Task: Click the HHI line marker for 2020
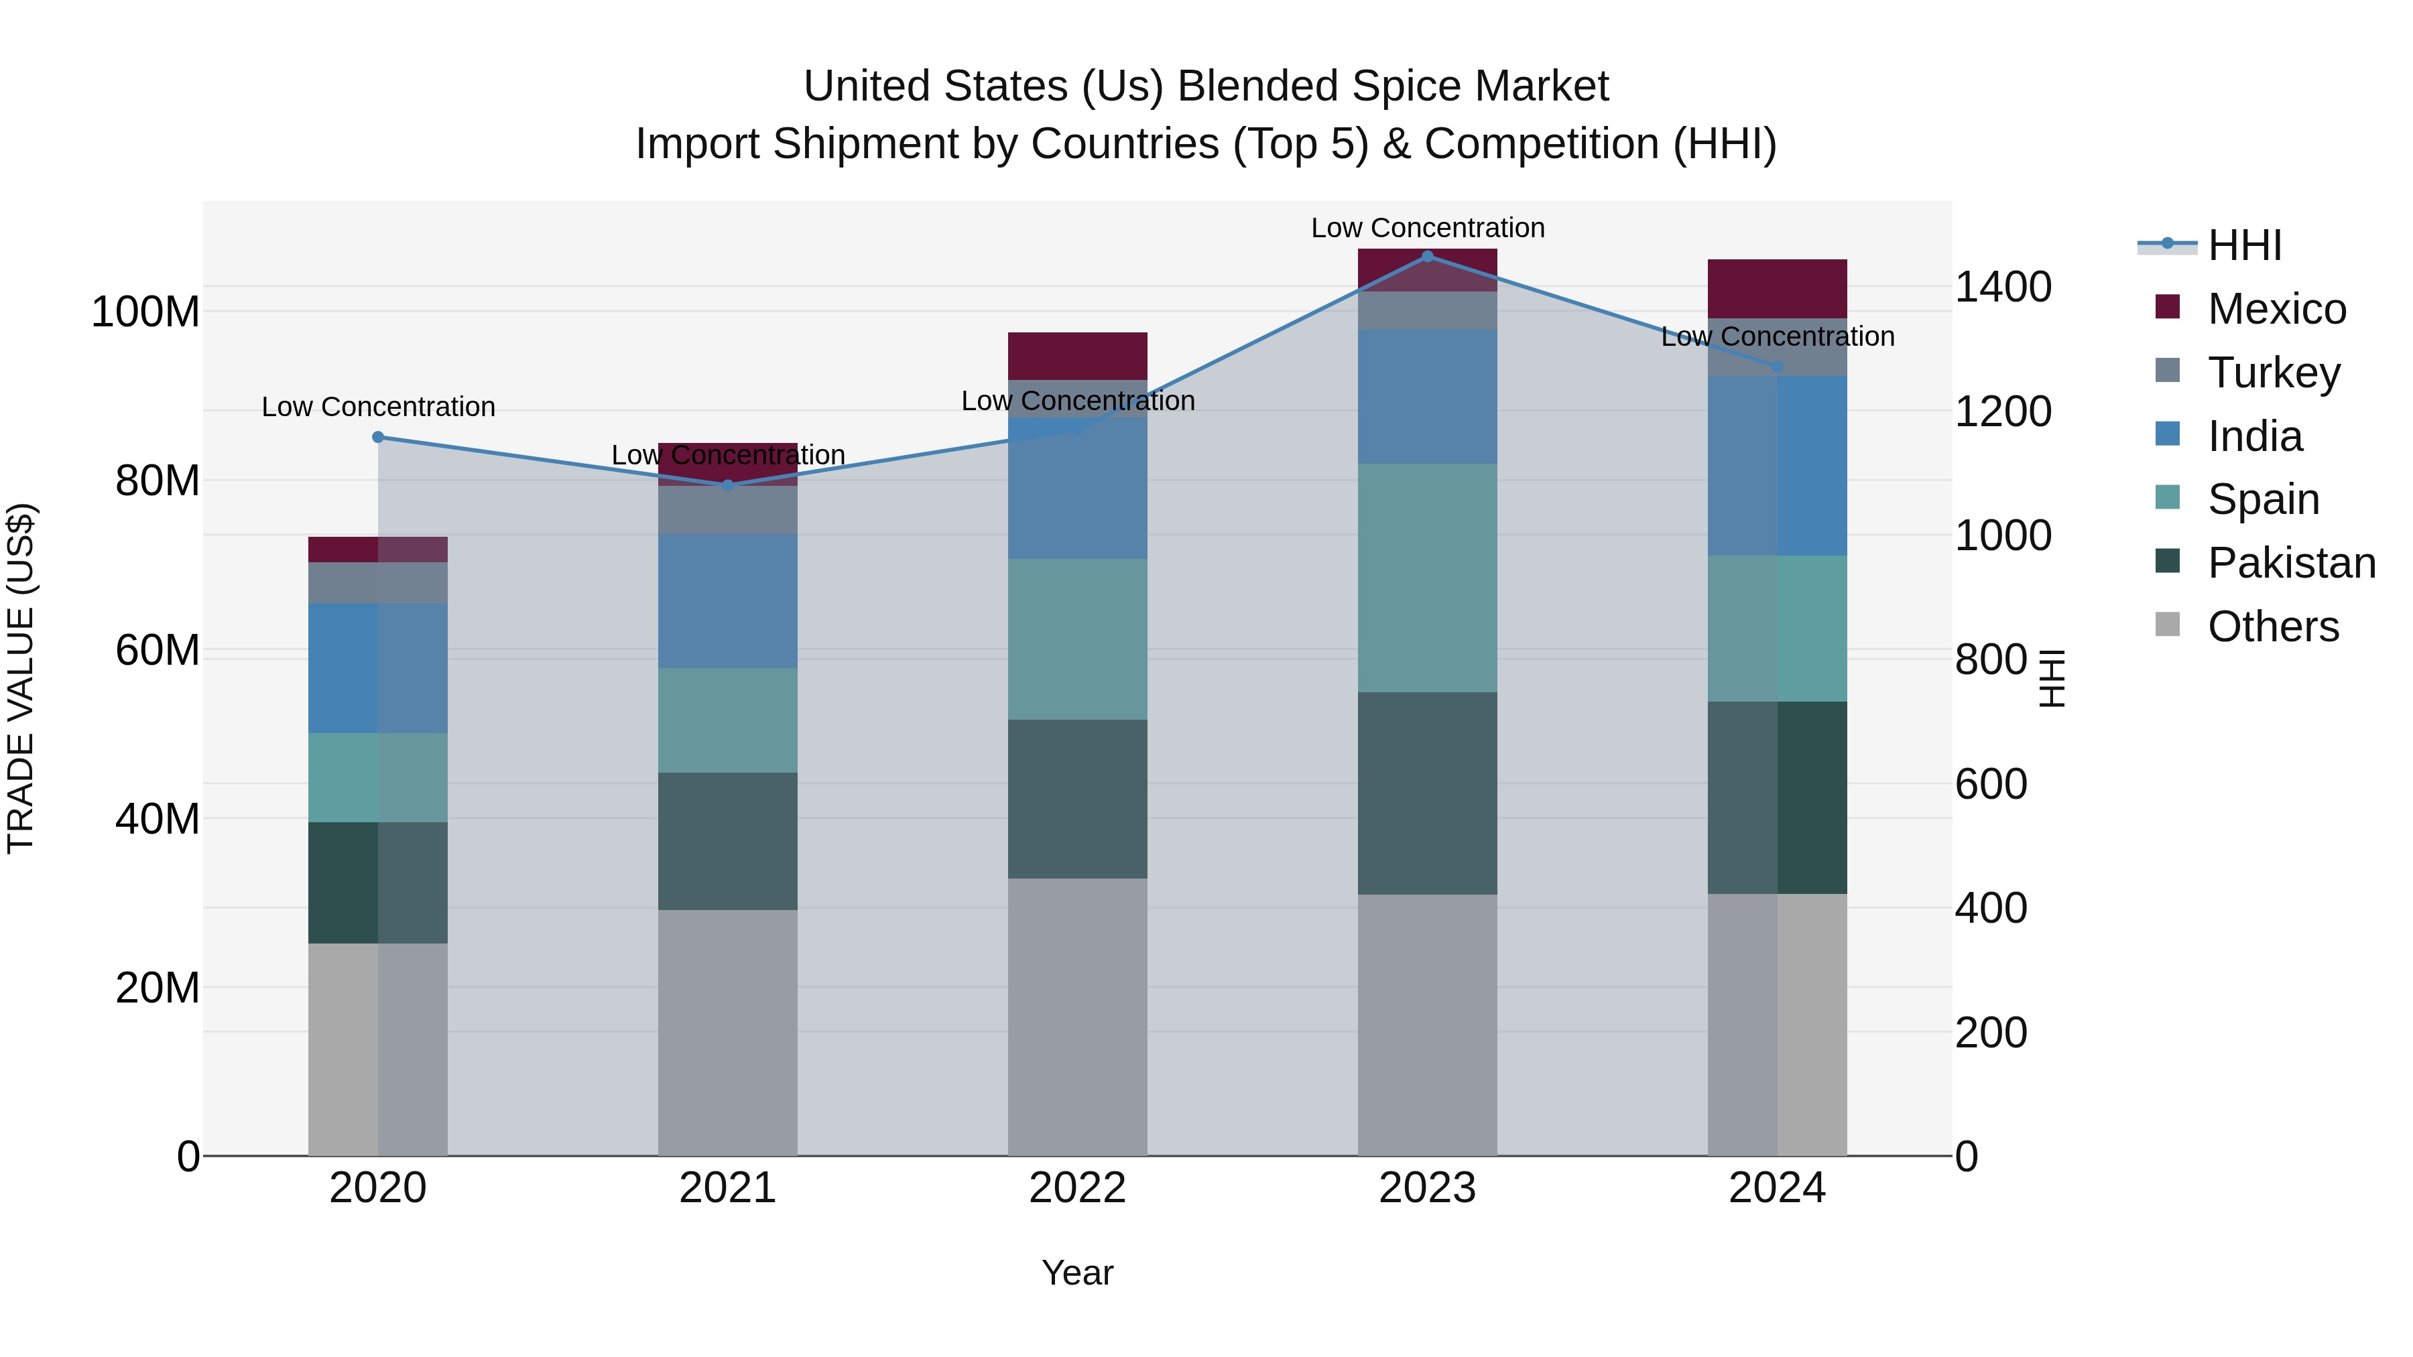point(379,438)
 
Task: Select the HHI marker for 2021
point(728,485)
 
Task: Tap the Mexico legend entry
point(2276,309)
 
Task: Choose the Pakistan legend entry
point(2290,563)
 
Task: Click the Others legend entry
point(2272,627)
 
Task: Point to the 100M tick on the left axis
point(145,312)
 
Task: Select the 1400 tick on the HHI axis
point(2003,287)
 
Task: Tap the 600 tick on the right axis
point(1991,784)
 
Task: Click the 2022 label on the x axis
point(1077,1188)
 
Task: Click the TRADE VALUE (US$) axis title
point(21,678)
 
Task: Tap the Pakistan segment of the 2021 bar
point(728,841)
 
